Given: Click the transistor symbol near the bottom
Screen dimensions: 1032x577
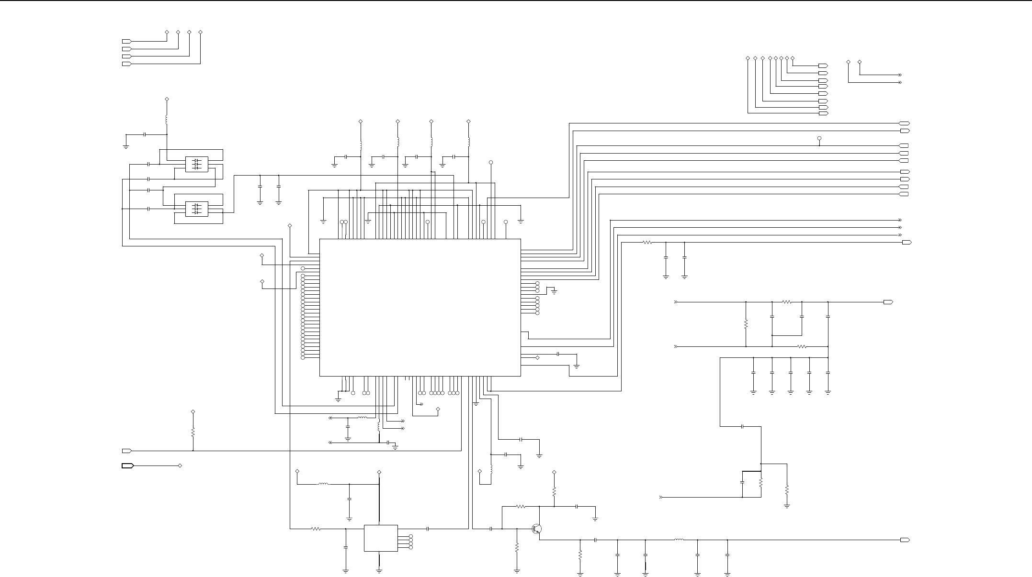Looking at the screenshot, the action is (x=537, y=529).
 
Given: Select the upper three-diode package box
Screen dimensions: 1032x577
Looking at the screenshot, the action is (x=196, y=164).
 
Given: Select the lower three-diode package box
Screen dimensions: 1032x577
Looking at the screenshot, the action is (x=196, y=209).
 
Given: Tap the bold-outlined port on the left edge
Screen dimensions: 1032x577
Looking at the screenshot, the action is (x=127, y=466).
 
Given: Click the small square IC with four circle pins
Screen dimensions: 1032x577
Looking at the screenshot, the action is (x=381, y=538).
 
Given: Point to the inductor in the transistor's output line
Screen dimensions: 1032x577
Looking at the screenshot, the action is (x=679, y=540).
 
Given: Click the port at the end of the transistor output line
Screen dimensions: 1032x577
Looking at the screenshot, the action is (x=905, y=540).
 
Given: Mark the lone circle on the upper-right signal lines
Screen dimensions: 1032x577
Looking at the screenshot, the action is (x=819, y=138).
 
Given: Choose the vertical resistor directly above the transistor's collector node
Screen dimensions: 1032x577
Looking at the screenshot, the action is (x=554, y=491).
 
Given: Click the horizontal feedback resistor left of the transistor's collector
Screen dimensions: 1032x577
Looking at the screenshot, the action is (x=521, y=506).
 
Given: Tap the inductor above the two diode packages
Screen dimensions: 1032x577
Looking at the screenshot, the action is (x=167, y=119).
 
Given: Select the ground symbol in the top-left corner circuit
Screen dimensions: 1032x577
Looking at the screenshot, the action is (x=126, y=146).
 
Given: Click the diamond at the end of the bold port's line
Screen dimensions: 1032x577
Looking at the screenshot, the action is (x=180, y=466).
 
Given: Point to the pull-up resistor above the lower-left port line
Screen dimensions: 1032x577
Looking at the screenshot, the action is (x=193, y=432).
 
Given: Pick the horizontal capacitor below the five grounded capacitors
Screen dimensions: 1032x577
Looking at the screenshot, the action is (x=742, y=426).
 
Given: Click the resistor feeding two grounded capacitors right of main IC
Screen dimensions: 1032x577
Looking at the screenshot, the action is (x=647, y=243).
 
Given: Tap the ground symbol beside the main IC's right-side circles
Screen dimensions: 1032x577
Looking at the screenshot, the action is (x=554, y=291).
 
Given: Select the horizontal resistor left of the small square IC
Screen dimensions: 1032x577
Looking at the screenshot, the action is (x=316, y=529).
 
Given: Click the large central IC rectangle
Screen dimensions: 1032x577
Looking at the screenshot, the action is (x=420, y=307).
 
